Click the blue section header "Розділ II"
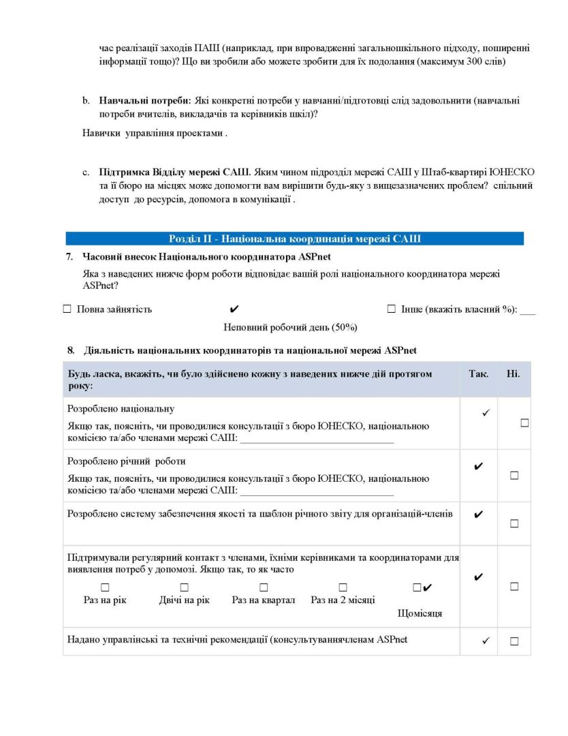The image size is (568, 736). coord(294,239)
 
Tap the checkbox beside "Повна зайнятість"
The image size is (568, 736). coord(67,309)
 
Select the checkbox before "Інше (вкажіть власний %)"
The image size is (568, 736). coord(391,309)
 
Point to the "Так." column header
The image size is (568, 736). coord(479,374)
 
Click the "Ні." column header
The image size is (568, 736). coord(513,374)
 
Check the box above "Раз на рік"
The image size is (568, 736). coord(105,587)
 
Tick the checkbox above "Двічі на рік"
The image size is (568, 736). coord(185,587)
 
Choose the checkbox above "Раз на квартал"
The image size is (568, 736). coord(264,587)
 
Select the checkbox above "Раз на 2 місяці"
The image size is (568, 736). coord(343,587)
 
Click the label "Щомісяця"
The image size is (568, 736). coord(420,613)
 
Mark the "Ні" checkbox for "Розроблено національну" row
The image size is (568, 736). coord(524,423)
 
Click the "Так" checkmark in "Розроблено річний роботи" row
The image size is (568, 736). coord(478,467)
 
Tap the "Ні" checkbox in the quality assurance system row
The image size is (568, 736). coord(514,523)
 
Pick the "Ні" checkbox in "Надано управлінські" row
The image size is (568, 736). coord(514,641)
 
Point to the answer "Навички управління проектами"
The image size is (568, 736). coord(153,134)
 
